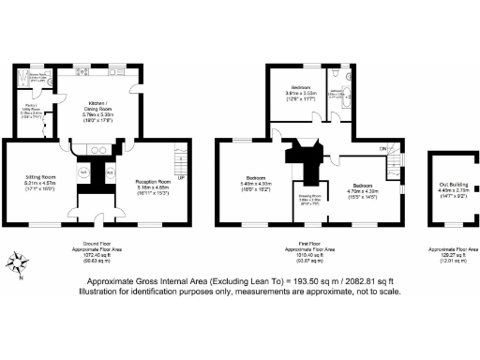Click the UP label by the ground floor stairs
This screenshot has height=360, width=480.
click(180, 176)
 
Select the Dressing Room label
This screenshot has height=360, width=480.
click(309, 199)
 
